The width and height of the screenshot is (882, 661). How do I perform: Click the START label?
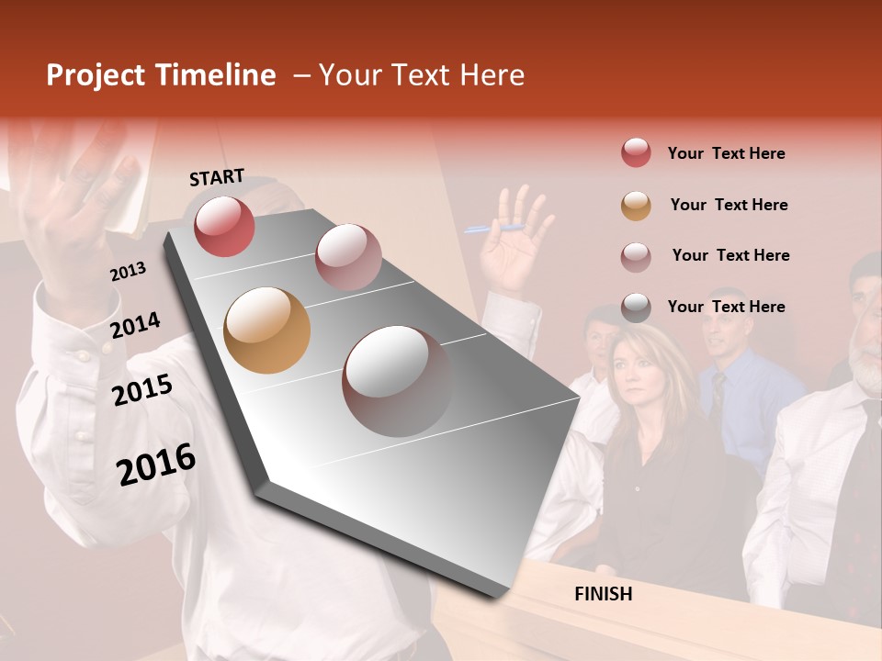(217, 177)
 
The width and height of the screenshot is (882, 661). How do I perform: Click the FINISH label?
(603, 594)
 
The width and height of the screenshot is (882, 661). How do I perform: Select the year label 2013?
(128, 272)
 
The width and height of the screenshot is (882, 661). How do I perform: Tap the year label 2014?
(135, 325)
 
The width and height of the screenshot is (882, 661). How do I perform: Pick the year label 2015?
(142, 390)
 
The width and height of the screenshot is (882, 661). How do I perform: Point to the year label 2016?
(156, 465)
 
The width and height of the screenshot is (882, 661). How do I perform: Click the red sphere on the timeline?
(224, 226)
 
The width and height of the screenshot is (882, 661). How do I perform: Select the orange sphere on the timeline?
(266, 330)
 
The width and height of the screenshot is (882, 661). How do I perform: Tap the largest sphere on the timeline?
(397, 381)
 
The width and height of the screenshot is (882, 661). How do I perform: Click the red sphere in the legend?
(636, 153)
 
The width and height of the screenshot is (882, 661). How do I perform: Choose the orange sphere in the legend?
(636, 206)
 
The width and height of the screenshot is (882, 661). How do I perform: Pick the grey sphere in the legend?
(636, 308)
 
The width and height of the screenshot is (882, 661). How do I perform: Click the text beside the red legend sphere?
(726, 153)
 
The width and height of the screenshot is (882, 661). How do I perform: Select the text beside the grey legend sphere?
(726, 307)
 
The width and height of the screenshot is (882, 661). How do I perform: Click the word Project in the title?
(95, 75)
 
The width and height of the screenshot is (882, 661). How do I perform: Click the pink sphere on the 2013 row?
(348, 257)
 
